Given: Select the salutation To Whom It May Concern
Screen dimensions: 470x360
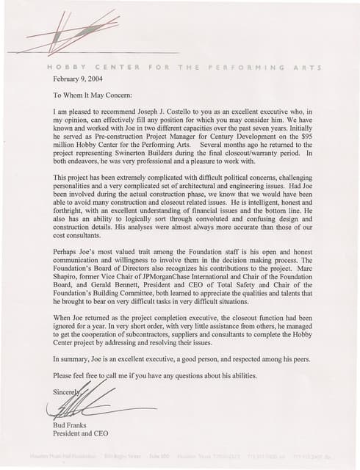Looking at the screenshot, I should pyautogui.click(x=93, y=95).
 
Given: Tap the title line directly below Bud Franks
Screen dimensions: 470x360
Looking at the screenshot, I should pyautogui.click(x=81, y=433).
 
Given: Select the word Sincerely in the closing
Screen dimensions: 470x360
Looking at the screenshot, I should pyautogui.click(x=67, y=393).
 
